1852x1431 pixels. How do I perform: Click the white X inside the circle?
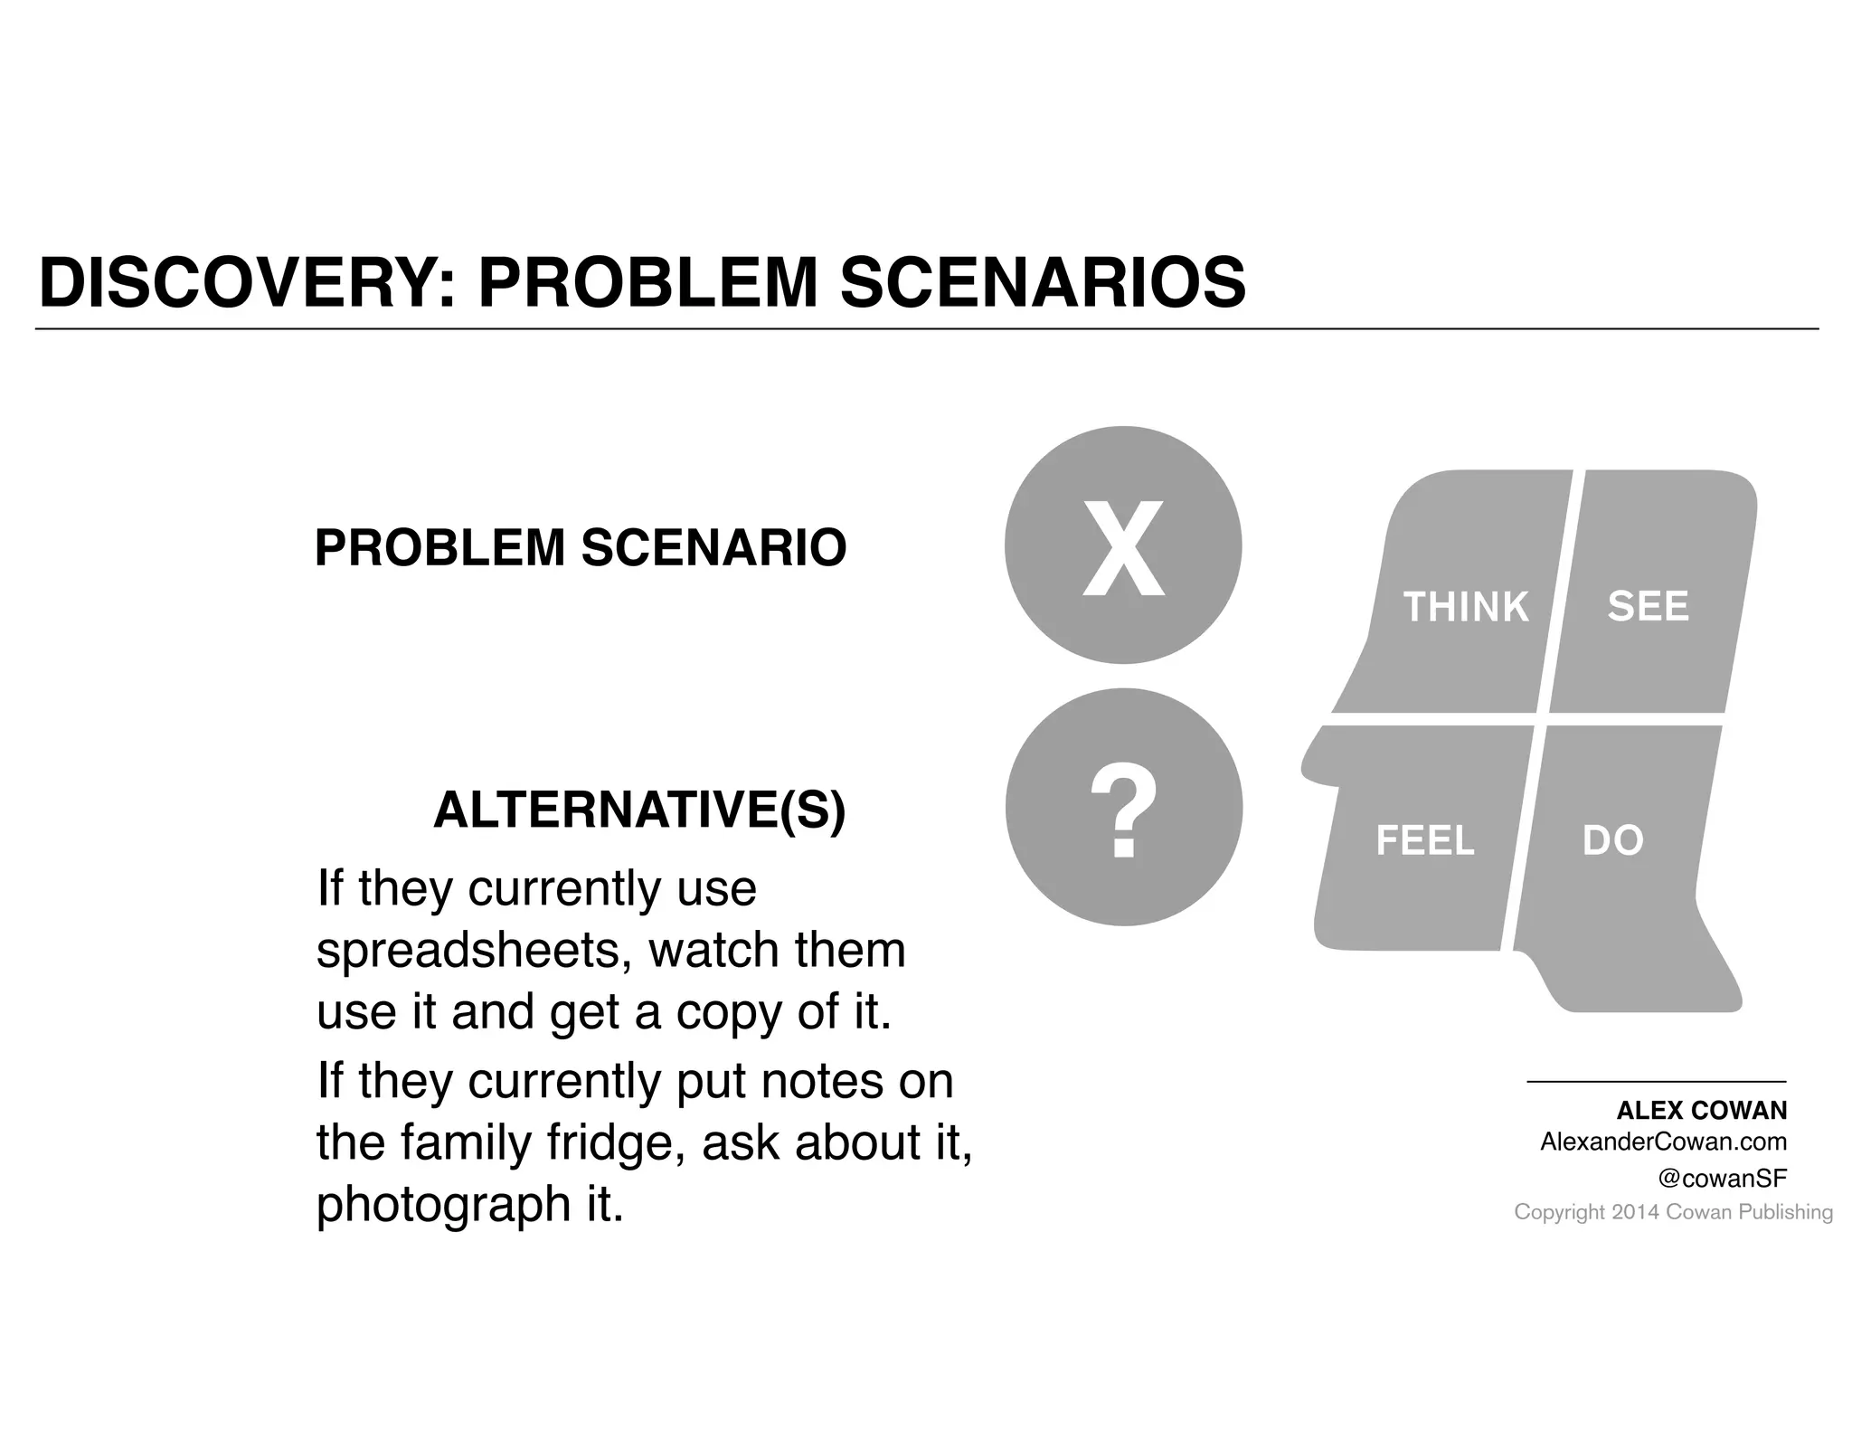coord(1123,548)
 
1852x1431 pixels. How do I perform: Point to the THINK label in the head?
coord(1465,607)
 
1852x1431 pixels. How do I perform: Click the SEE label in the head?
coord(1648,606)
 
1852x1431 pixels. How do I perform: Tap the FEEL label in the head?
coord(1425,841)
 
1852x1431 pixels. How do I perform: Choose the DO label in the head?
coord(1612,841)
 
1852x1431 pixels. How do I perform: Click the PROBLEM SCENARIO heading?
coord(580,548)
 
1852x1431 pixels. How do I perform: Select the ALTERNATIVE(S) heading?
coord(639,810)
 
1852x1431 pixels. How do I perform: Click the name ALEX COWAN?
coord(1701,1111)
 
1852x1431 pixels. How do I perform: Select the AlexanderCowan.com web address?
coord(1663,1142)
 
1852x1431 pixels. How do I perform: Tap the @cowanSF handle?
coord(1722,1179)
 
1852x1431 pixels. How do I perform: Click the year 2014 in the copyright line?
coord(1635,1213)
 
